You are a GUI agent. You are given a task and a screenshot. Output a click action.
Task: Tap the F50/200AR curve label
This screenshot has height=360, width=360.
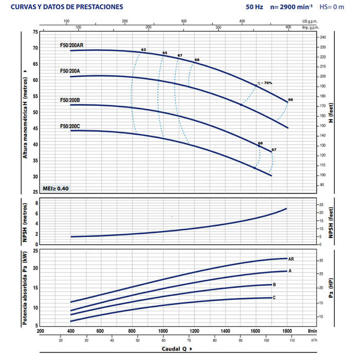pyautogui.click(x=71, y=46)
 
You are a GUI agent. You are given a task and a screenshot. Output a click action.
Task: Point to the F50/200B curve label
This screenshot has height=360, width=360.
pyautogui.click(x=70, y=100)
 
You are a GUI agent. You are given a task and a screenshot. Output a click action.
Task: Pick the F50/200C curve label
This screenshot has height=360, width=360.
pyautogui.click(x=70, y=126)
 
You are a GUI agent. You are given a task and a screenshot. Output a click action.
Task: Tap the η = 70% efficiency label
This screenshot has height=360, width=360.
pyautogui.click(x=265, y=83)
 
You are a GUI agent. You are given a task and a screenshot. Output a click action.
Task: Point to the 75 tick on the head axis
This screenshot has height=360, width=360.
pyautogui.click(x=35, y=32)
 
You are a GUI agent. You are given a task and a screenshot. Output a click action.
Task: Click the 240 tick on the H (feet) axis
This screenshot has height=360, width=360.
pyautogui.click(x=323, y=38)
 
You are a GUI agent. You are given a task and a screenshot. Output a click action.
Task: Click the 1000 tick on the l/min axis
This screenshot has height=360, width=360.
pyautogui.click(x=164, y=331)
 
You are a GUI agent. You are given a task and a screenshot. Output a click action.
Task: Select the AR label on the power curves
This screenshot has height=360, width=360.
pyautogui.click(x=291, y=259)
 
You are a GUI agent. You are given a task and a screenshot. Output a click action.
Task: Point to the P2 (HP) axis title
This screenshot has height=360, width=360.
pyautogui.click(x=332, y=288)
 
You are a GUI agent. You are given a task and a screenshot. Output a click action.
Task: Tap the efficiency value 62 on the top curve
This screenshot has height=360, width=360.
pyautogui.click(x=144, y=50)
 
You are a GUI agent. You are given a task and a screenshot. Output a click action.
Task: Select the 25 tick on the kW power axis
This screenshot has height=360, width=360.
pyautogui.click(x=35, y=251)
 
